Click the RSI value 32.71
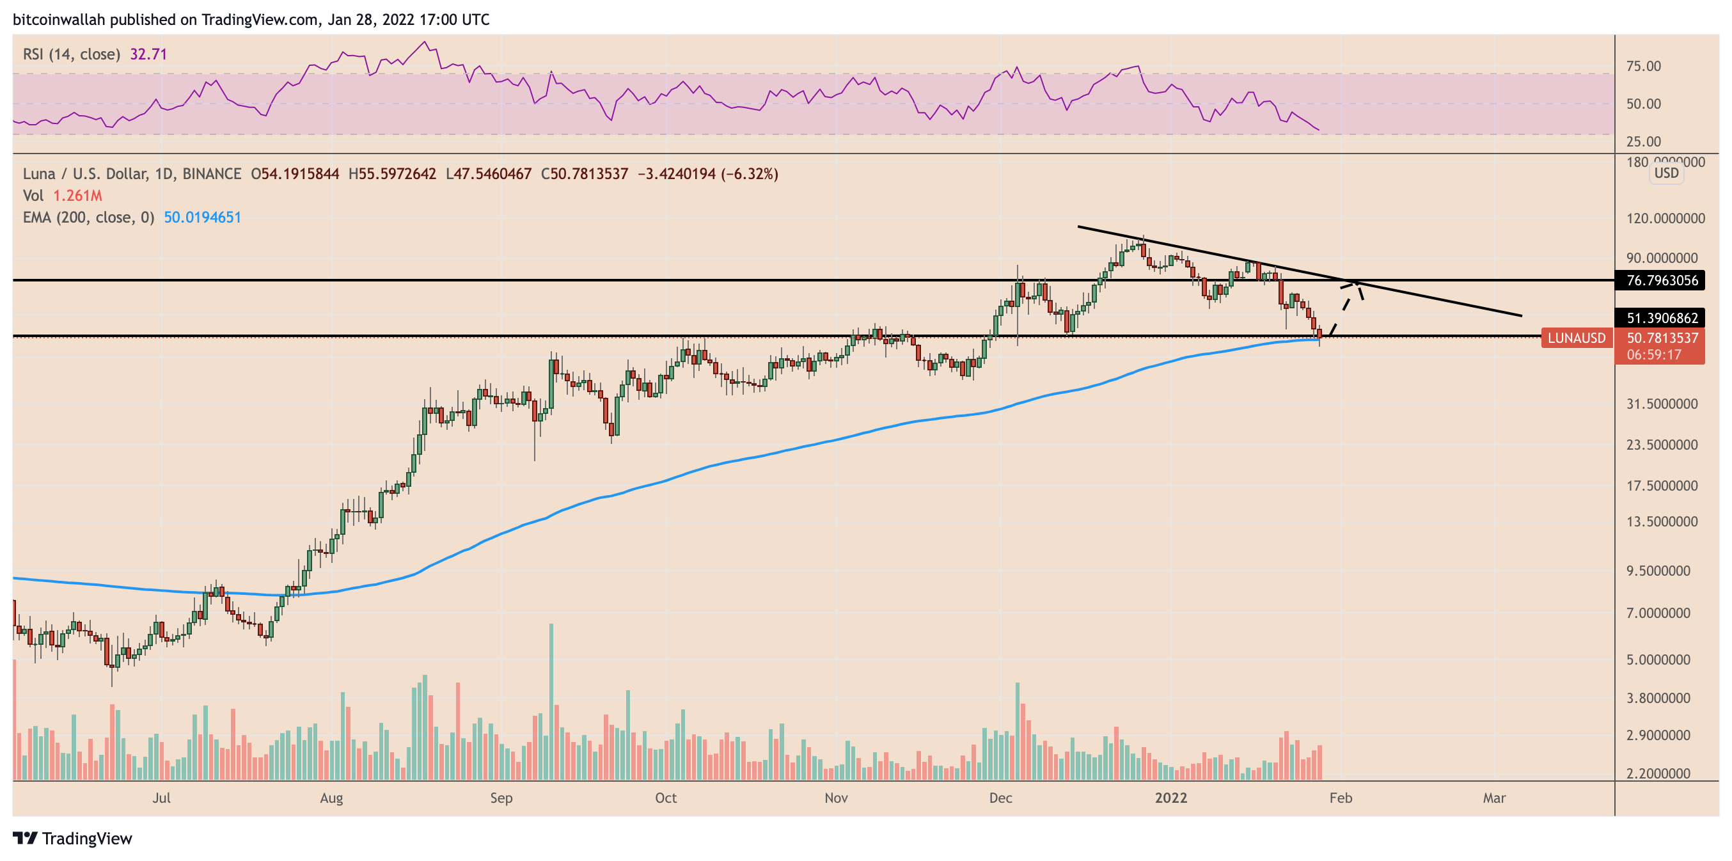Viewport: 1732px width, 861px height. [x=148, y=54]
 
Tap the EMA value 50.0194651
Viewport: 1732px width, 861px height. [x=202, y=217]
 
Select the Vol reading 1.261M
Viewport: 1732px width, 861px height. [x=77, y=196]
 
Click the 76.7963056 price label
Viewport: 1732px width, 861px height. [x=1662, y=281]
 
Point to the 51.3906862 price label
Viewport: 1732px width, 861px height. [x=1662, y=317]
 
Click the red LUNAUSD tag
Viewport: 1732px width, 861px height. [x=1576, y=338]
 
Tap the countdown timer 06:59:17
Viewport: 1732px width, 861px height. [x=1654, y=354]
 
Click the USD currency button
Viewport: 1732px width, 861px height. [x=1666, y=173]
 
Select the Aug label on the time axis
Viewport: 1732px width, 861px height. [x=331, y=798]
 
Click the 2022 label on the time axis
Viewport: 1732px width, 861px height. [x=1170, y=798]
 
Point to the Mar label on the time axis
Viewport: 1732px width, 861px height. [x=1494, y=798]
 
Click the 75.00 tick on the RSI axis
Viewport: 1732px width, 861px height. [x=1643, y=66]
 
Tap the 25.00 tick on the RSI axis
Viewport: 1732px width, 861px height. [x=1643, y=141]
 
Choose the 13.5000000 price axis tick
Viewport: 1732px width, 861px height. [x=1662, y=521]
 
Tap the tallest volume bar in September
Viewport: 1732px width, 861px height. [x=551, y=700]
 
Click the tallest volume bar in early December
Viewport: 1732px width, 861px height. [x=1018, y=730]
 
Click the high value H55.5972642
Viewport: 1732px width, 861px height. [x=392, y=173]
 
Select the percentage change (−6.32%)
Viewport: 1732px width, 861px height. [x=750, y=173]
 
